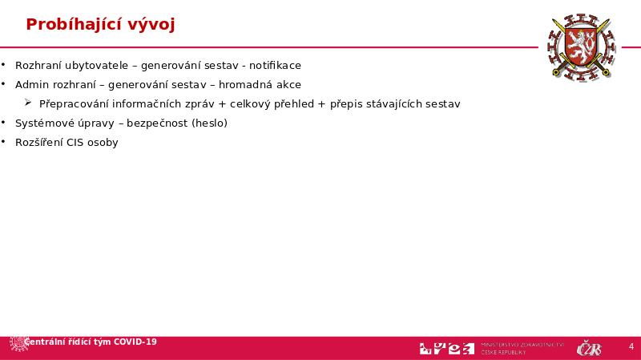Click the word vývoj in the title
[151, 25]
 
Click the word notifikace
[273, 65]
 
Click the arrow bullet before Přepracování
[29, 103]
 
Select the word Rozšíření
[39, 143]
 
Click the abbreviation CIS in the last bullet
[77, 143]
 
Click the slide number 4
[631, 347]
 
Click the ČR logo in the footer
[589, 348]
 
